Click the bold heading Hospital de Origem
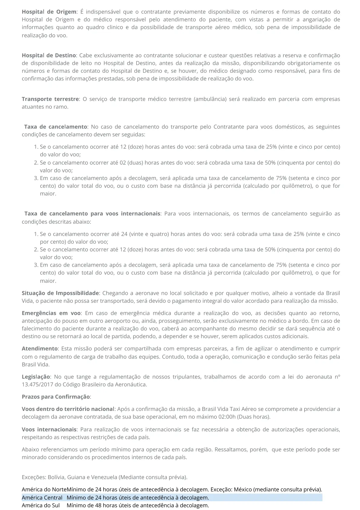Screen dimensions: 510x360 [x=49, y=12]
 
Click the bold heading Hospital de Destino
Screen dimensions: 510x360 [x=49, y=55]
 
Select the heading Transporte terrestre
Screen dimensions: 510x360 [x=50, y=99]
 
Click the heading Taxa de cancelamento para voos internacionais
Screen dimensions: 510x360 [x=92, y=214]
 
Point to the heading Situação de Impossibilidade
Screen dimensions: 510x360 [x=60, y=293]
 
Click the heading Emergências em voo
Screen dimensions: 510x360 [x=51, y=313]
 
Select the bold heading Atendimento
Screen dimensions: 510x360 [x=40, y=349]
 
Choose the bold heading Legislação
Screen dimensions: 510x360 [x=36, y=377]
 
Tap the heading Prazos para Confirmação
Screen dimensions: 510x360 [x=56, y=397]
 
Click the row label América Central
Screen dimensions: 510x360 [x=42, y=498]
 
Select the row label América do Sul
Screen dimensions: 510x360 [x=41, y=505]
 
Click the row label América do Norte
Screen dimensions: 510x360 [x=44, y=489]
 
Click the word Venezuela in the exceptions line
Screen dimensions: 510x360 [x=105, y=477]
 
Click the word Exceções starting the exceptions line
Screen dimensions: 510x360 [x=34, y=477]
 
